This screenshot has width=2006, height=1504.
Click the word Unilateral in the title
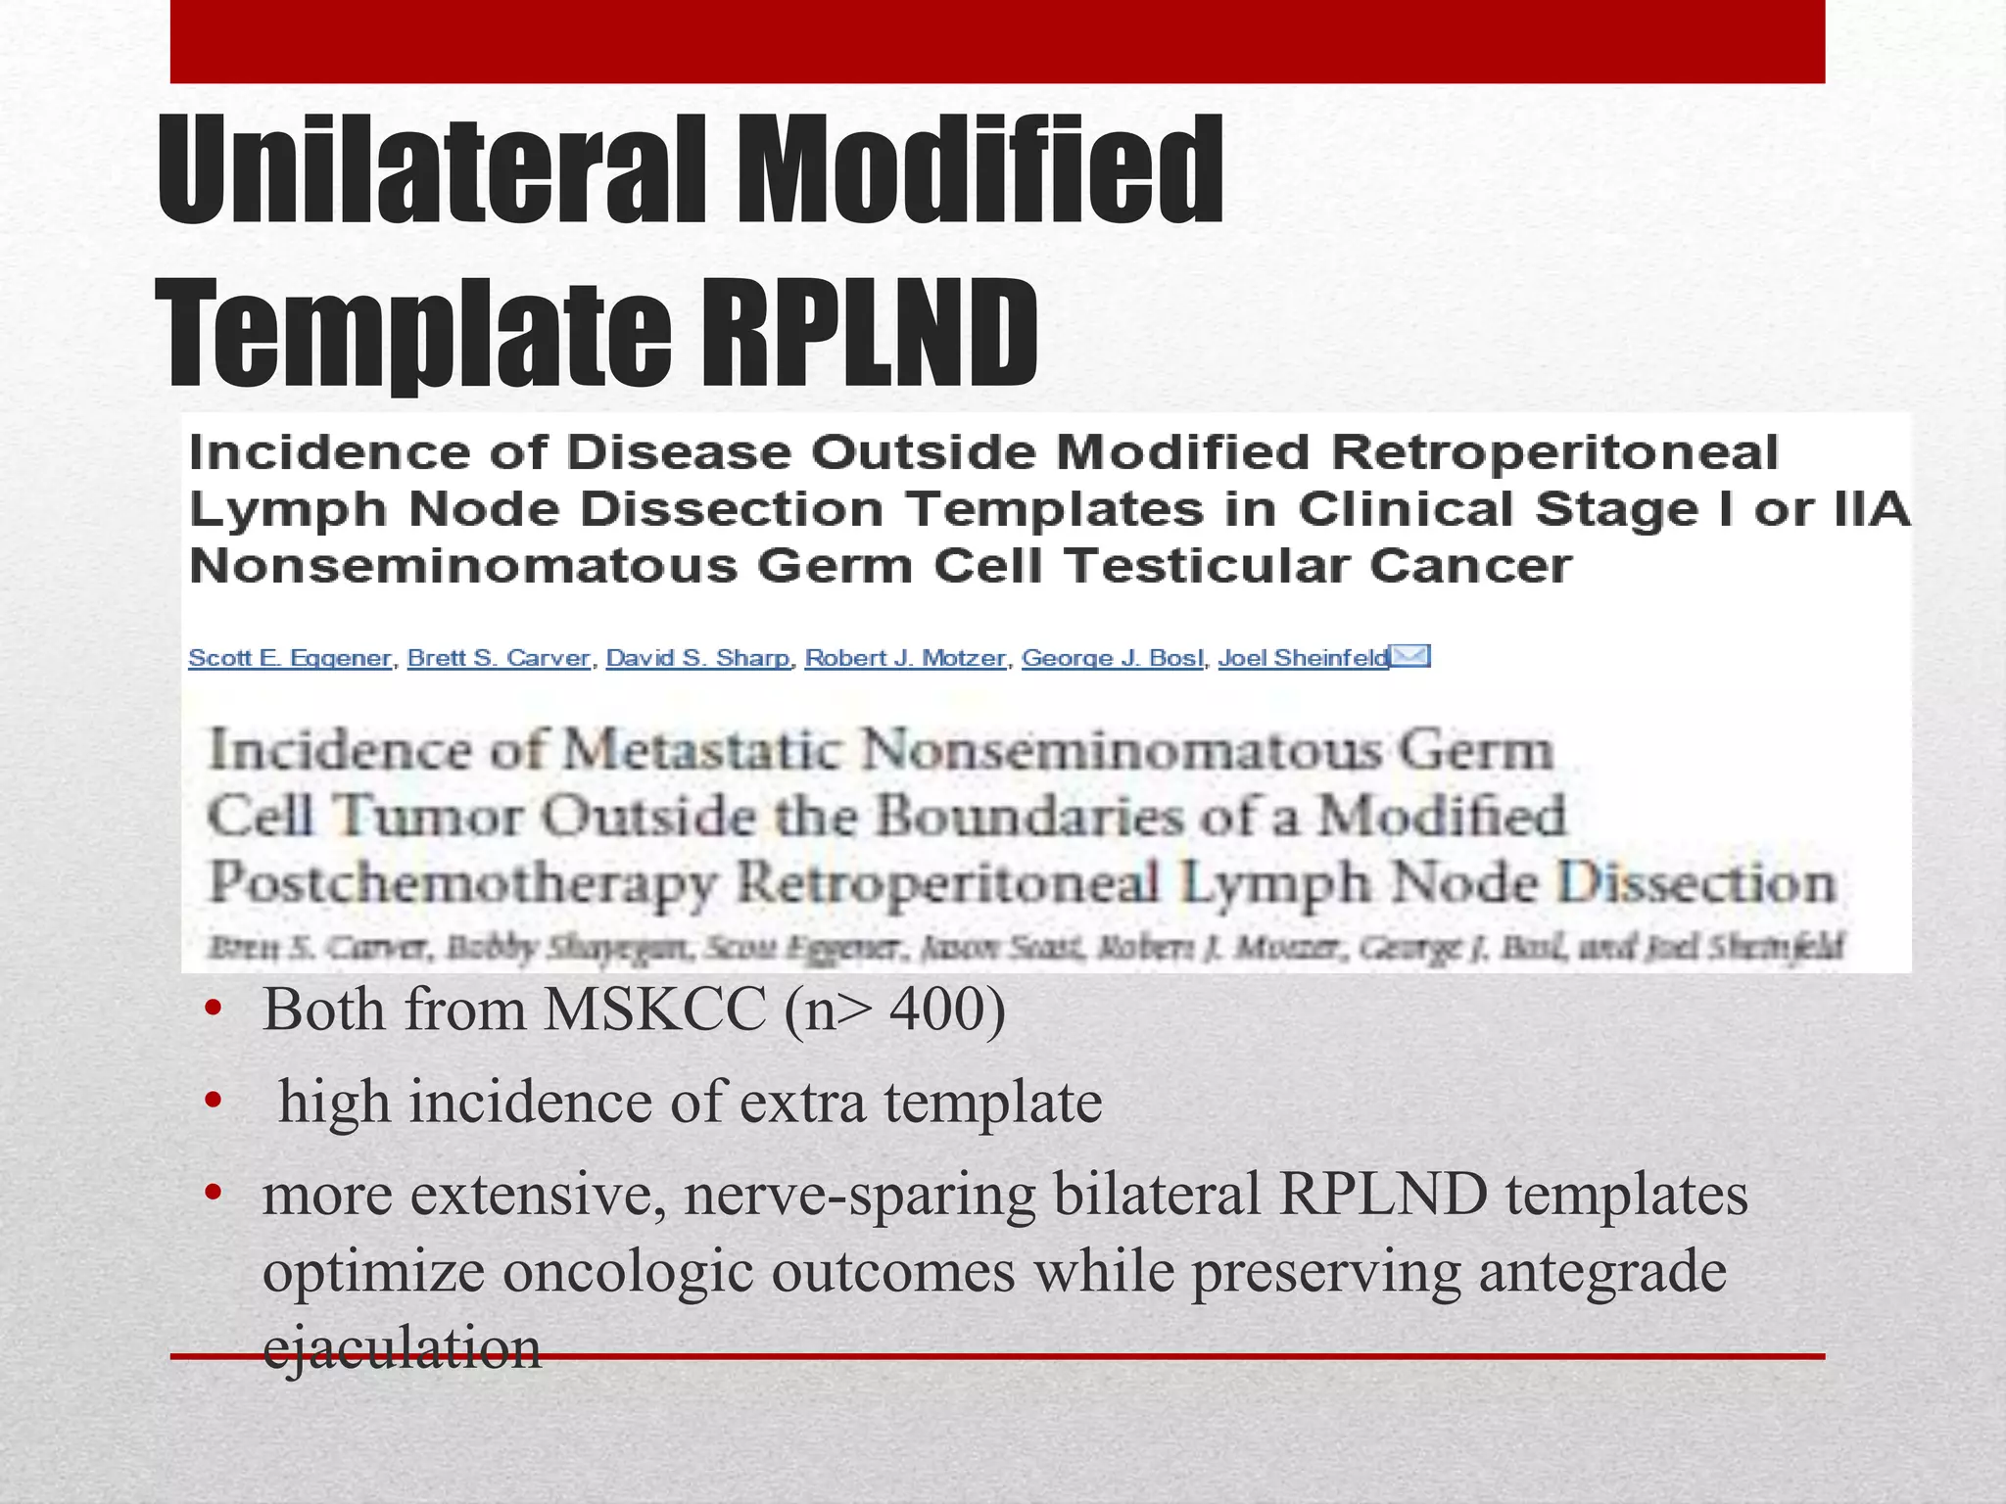[430, 170]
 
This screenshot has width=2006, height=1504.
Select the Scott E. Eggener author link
[290, 658]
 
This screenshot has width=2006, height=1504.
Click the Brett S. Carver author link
[499, 658]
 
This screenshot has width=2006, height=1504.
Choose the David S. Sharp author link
[697, 658]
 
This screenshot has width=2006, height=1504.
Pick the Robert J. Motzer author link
[905, 658]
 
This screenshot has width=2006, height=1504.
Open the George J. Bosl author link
[1113, 658]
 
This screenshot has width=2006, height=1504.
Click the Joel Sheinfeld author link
[1303, 658]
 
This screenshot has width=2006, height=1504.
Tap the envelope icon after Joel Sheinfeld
[1411, 655]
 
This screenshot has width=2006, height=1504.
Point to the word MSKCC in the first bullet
[654, 1010]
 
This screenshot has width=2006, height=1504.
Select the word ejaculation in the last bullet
[402, 1347]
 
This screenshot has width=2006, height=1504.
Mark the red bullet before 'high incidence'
[213, 1103]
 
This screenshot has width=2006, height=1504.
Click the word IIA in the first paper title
[1872, 509]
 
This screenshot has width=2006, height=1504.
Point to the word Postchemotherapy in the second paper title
[462, 883]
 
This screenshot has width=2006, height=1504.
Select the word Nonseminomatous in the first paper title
[462, 566]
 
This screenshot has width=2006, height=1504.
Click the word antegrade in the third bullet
[1602, 1272]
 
